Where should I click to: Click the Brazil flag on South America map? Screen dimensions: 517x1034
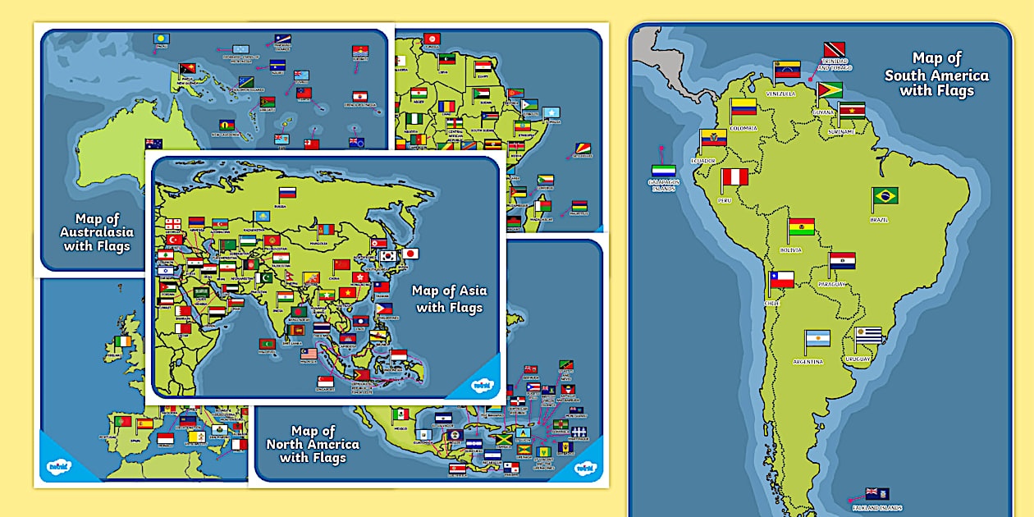[885, 195]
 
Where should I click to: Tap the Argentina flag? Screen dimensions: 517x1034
[817, 338]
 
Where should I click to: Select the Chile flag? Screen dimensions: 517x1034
[782, 280]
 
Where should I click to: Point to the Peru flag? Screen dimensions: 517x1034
[735, 177]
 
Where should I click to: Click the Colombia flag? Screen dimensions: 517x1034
[743, 107]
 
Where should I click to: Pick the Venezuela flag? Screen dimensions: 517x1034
[788, 69]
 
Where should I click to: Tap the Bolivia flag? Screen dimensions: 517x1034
[802, 226]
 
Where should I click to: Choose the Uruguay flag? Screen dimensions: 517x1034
[868, 335]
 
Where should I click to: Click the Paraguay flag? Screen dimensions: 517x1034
[842, 261]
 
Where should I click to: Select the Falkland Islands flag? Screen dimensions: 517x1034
[877, 493]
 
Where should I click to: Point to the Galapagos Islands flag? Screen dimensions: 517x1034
[665, 170]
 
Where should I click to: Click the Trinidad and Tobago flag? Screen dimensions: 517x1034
[835, 50]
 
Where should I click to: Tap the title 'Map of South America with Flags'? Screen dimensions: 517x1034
[936, 74]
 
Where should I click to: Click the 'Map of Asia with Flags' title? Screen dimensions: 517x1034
[449, 299]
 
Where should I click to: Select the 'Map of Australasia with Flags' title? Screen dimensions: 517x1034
[95, 232]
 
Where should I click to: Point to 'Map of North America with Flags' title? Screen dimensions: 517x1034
[313, 444]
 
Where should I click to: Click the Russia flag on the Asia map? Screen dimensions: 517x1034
[287, 194]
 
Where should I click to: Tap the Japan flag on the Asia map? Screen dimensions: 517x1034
[410, 254]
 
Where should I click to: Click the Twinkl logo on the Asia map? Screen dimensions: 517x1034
[482, 383]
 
